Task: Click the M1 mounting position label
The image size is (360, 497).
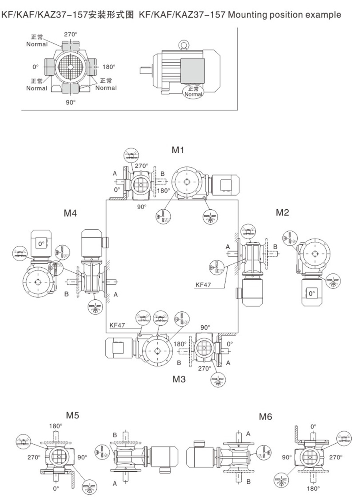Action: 178,150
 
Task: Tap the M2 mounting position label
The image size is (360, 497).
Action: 282,212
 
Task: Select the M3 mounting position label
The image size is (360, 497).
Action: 179,379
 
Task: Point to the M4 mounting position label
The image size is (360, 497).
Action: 70,213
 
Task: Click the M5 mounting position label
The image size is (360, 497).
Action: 72,415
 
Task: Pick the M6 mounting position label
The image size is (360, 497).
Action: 266,417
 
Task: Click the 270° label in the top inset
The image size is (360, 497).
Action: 71,34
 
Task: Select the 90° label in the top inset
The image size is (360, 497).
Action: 71,102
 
